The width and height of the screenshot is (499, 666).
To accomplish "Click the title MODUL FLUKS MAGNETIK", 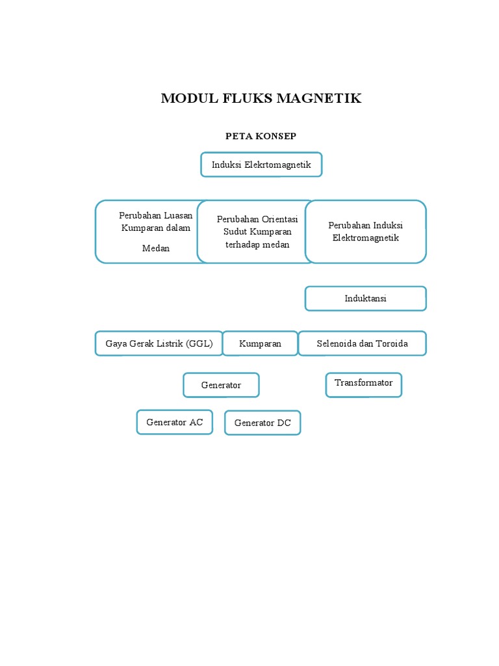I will pos(261,99).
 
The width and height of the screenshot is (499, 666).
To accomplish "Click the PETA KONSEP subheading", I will pos(261,136).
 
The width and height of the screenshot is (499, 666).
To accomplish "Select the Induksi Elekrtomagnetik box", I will pos(261,165).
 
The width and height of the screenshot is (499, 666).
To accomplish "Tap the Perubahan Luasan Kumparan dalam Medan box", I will pos(149,232).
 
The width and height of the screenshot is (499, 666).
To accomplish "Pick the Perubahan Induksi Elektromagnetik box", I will pos(366,232).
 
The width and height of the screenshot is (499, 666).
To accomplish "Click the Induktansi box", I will pos(366,299).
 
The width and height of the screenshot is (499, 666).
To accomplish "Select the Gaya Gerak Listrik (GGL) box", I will pos(159,343).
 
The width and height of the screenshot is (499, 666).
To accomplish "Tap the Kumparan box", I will pos(260,343).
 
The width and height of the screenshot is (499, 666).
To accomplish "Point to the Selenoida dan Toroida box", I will pos(363,343).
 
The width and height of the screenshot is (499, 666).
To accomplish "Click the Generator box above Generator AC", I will pos(221,385).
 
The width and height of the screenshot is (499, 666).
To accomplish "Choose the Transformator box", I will pos(364,383).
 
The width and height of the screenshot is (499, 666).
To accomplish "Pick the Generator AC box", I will pos(175,422).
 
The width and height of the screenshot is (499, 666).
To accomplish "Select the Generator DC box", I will pos(262,423).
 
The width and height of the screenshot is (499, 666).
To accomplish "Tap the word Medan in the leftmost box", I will pos(156,248).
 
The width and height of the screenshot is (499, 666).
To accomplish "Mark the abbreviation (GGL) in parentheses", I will pos(199,343).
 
